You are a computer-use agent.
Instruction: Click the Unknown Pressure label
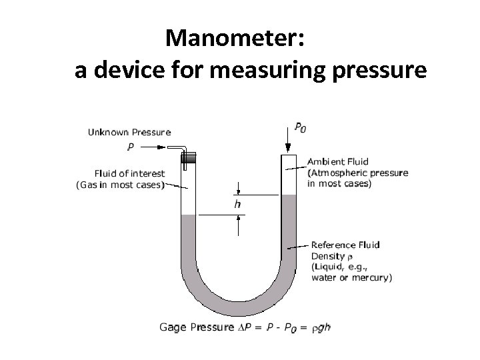click(129, 133)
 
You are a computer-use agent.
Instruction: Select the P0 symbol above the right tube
click(301, 127)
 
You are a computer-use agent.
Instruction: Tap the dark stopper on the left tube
click(188, 158)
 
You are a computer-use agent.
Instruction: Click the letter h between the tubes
click(237, 205)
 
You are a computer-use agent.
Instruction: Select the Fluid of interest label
click(129, 174)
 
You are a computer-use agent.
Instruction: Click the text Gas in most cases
click(121, 185)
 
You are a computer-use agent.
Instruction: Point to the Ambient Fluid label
click(338, 162)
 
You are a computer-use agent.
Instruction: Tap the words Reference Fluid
click(345, 245)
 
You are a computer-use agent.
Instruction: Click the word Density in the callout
click(327, 255)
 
